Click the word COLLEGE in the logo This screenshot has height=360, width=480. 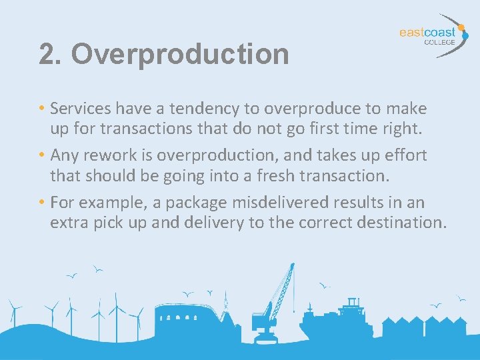pos(439,41)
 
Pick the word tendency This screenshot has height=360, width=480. pos(199,108)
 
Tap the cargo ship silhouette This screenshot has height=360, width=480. pos(333,320)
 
